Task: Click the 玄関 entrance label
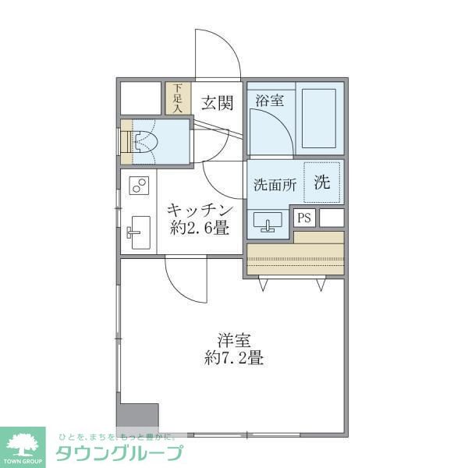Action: click(x=216, y=103)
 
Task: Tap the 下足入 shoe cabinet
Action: click(x=177, y=98)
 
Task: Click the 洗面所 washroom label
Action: click(x=273, y=186)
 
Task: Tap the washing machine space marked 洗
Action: click(x=322, y=183)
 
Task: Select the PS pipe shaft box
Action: click(x=303, y=218)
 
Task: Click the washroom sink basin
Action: click(x=268, y=223)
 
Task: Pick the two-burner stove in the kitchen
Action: click(x=139, y=186)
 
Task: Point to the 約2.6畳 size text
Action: click(x=200, y=229)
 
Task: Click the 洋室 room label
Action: click(x=234, y=340)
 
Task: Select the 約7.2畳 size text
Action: click(x=234, y=360)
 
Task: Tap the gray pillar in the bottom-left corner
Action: click(x=137, y=417)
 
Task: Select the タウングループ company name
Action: click(x=119, y=453)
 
